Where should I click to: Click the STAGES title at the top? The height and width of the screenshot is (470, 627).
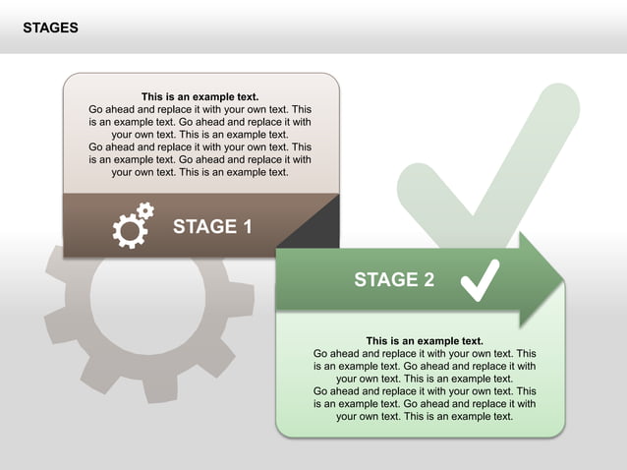coord(51,29)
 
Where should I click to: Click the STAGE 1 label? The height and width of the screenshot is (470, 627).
coord(212,227)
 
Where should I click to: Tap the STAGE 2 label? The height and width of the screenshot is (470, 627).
coord(393,280)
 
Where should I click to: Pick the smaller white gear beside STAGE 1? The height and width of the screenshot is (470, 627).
coord(145,209)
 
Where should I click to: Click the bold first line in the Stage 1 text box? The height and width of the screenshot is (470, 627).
coord(200,97)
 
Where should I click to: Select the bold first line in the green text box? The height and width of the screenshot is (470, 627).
coord(425,341)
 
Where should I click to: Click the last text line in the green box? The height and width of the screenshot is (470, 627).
coord(425,416)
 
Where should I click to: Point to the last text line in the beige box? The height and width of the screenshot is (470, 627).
coord(200,172)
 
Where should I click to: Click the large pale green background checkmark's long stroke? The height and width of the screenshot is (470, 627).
coord(521,147)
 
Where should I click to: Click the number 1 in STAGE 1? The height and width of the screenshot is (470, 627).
coord(247,227)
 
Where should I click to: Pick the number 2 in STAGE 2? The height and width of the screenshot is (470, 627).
coord(427,280)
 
